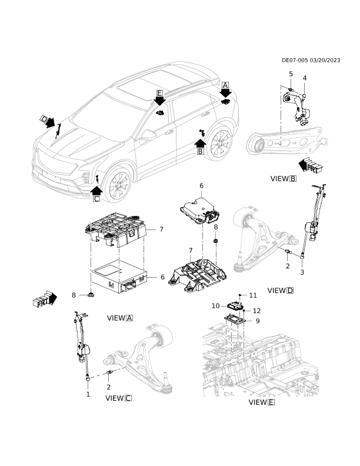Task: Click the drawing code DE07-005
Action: (295, 61)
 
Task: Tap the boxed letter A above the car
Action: (225, 85)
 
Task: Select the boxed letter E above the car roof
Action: (160, 93)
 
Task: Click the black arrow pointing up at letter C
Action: (96, 190)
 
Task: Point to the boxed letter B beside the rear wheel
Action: (201, 152)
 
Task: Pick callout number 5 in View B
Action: (291, 74)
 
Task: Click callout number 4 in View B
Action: (305, 78)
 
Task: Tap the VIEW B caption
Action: (284, 179)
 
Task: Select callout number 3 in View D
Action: (302, 272)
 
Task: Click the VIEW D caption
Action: (281, 290)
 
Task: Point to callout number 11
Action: (253, 295)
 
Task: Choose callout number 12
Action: (256, 311)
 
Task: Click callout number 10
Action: (216, 306)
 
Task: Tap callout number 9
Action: (258, 321)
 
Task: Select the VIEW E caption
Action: (262, 402)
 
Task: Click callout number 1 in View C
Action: (88, 394)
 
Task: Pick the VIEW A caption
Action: (119, 318)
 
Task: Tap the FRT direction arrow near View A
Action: (45, 299)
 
